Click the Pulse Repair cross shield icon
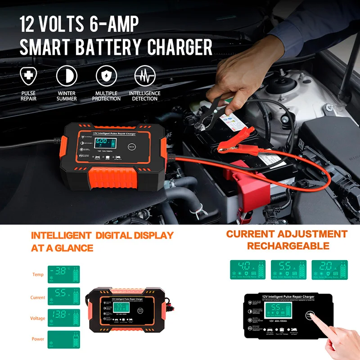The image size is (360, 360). (28, 75)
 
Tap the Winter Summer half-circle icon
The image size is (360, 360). (67, 75)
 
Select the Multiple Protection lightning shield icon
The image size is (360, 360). (106, 75)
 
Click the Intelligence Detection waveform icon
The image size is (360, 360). (144, 75)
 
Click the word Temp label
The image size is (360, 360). (38, 274)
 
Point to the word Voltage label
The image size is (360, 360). (37, 318)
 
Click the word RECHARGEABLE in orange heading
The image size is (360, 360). (288, 246)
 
